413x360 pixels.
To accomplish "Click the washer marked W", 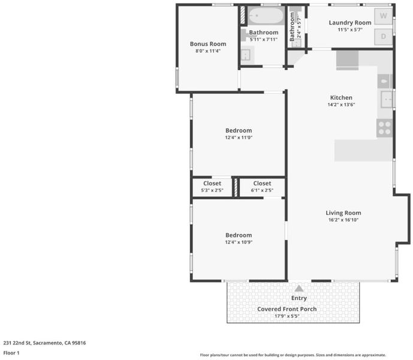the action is (x=383, y=16).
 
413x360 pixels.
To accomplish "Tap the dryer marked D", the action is (x=383, y=37).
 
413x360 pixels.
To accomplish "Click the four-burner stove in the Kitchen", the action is (x=384, y=128).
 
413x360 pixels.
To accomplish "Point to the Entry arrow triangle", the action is (x=299, y=289).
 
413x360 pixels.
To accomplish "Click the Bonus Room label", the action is (x=208, y=44).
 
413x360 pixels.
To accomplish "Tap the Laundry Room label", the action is (x=350, y=23).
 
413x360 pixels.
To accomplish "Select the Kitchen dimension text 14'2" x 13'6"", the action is (x=341, y=104).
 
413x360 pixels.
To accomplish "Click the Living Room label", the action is (x=343, y=213).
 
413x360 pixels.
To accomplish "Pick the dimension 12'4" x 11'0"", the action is (x=239, y=137).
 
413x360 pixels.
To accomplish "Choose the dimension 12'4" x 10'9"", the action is (x=239, y=242).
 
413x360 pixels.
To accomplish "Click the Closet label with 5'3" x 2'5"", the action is (x=212, y=183).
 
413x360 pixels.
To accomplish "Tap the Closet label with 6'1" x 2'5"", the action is (x=262, y=183).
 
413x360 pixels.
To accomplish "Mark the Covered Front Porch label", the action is (x=287, y=309).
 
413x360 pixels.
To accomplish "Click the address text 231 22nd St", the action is (x=17, y=343).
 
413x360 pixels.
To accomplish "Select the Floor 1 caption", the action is (x=11, y=353).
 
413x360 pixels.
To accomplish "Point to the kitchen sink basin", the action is (x=387, y=99).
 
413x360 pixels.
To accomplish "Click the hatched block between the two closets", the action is (x=236, y=187).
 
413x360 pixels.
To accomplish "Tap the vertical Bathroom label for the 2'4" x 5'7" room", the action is (x=292, y=26).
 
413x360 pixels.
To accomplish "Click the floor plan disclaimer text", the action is (x=293, y=355).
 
